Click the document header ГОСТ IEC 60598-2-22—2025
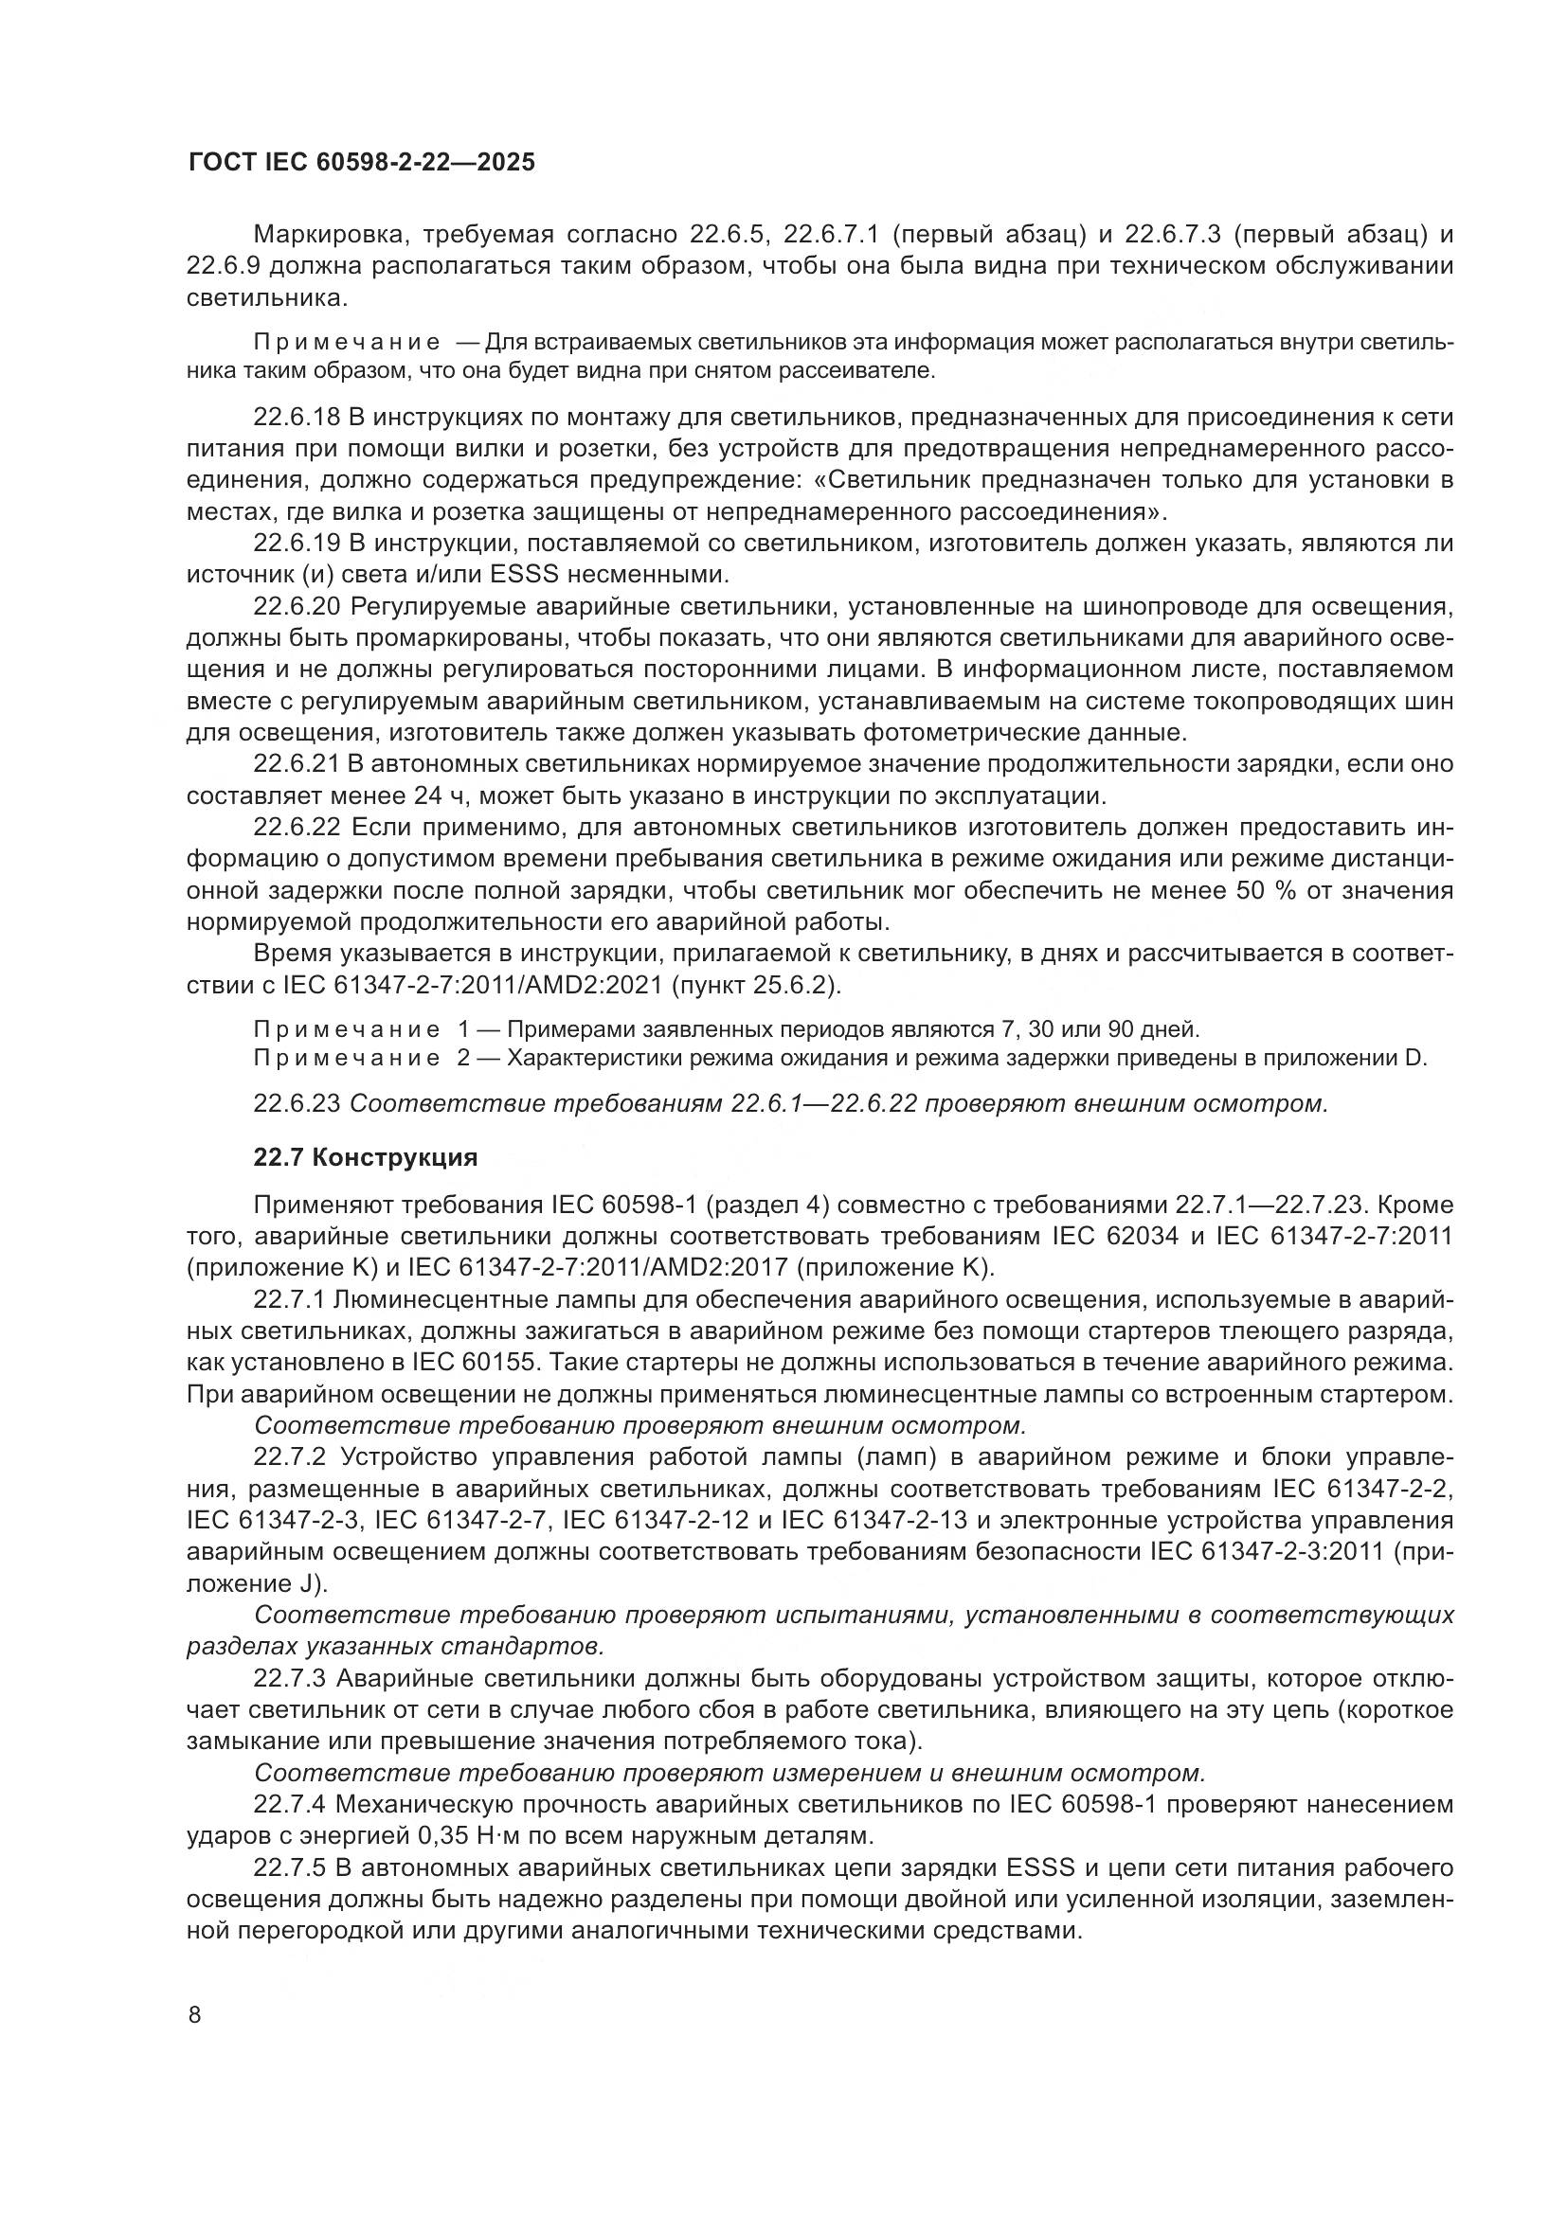pos(361,163)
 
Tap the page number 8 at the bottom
pos(195,2015)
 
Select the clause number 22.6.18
pos(297,418)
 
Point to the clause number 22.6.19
pos(297,545)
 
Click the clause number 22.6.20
pos(297,607)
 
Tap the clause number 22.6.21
pos(297,765)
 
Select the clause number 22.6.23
pos(297,1103)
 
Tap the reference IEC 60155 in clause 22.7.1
pos(469,1362)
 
